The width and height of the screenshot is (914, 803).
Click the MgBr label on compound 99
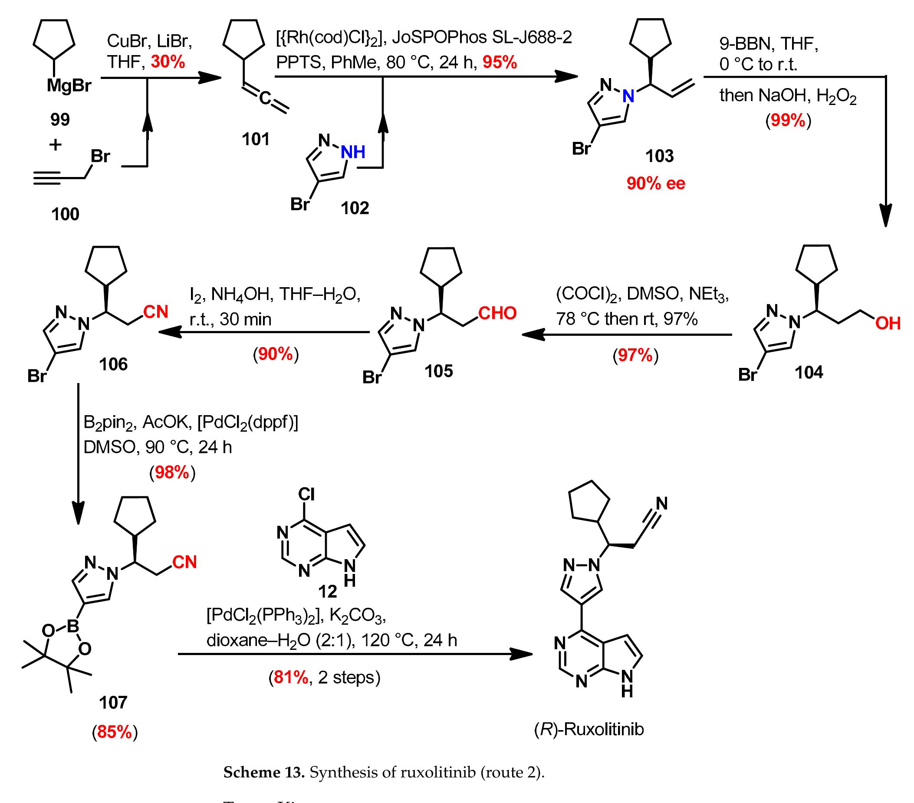point(69,86)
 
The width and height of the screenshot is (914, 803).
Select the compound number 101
point(256,139)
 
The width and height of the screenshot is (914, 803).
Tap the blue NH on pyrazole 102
point(353,152)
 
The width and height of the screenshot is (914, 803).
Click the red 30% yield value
point(168,62)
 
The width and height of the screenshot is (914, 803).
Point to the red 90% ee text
point(655,184)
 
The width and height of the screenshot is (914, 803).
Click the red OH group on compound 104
point(888,324)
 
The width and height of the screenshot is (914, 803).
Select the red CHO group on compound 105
point(497,313)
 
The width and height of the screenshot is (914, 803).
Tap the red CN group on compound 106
point(156,311)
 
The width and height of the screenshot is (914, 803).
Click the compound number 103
point(659,156)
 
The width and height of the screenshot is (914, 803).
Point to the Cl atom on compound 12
point(306,494)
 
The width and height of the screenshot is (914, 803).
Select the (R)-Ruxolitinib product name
point(589,729)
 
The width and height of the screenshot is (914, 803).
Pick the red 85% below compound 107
point(115,732)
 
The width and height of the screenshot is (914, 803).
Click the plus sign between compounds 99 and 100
point(56,145)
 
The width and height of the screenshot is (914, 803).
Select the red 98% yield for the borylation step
point(172,473)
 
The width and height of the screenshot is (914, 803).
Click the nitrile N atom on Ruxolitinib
point(661,504)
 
